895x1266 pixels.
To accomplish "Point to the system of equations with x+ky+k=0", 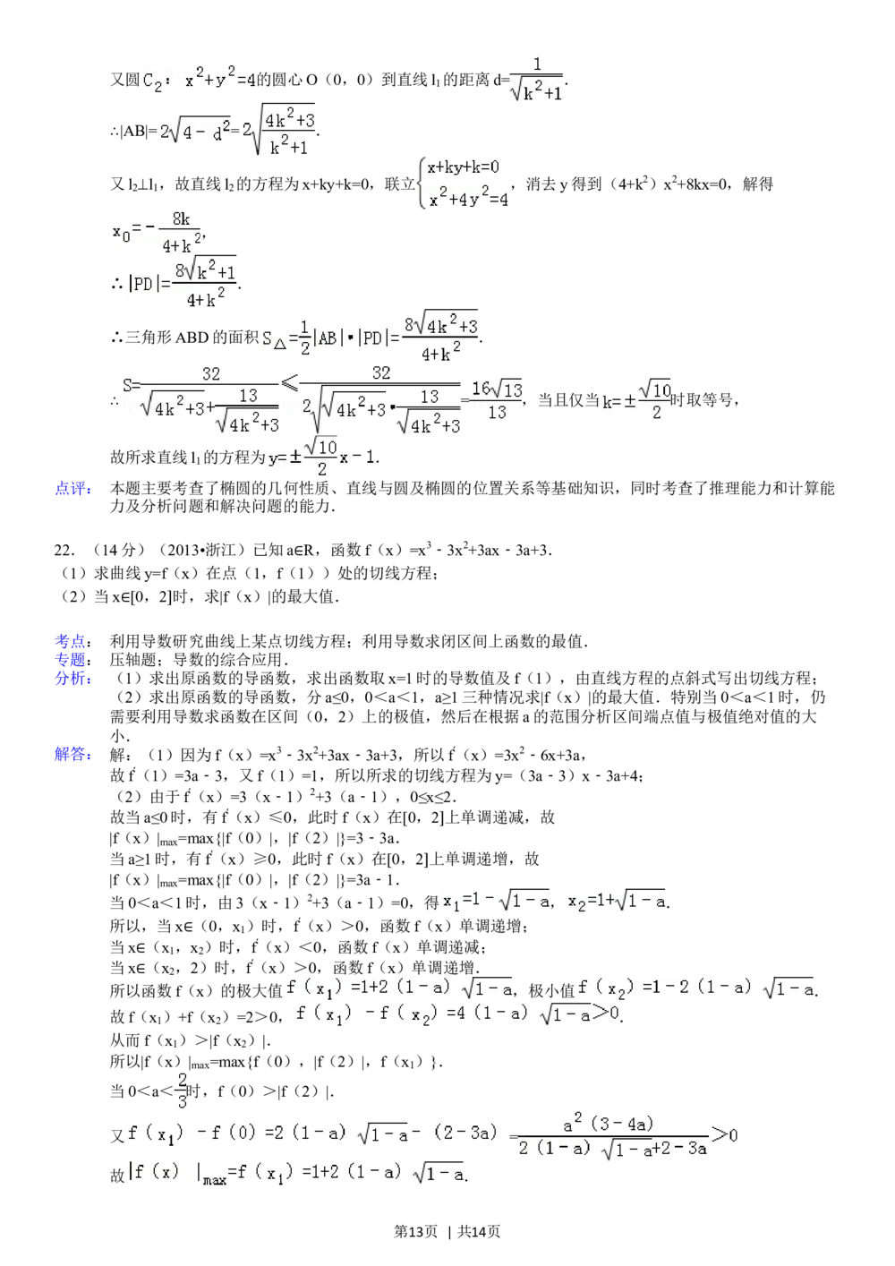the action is tap(465, 183).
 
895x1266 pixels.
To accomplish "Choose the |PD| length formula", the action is tap(183, 285).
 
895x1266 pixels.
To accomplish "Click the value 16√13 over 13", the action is tap(496, 399).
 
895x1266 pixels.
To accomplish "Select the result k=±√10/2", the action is tap(635, 400).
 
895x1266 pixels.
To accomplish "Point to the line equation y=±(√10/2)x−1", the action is tap(322, 457).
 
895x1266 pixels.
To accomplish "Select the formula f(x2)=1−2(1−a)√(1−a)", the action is tap(695, 989).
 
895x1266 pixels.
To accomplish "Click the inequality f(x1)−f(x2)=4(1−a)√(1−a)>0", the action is tap(455, 1014).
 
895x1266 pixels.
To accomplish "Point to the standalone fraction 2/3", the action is tap(182, 1088).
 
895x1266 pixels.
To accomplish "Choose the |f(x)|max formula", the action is tap(295, 1172).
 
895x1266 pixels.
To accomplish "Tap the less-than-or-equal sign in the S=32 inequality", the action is tap(290, 383).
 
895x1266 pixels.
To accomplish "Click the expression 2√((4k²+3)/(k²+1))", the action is tap(279, 132).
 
